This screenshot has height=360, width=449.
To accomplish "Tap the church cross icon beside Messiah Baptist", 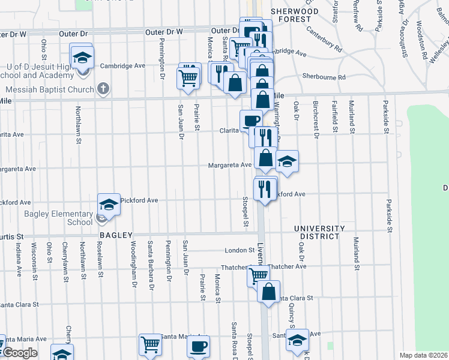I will [103, 89].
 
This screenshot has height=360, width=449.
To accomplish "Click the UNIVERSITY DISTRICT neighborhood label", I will [319, 232].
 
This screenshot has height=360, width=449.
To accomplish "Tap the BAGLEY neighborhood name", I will [116, 235].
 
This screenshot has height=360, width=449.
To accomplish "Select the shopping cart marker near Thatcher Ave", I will [258, 276].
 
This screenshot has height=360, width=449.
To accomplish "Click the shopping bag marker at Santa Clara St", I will [269, 292].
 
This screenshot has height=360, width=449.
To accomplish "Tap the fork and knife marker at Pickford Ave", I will [264, 188].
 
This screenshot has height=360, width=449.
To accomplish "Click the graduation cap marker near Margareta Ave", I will [288, 161].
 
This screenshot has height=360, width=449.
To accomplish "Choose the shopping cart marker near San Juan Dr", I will [188, 77].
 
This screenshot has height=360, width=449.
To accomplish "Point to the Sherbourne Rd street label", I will [324, 77].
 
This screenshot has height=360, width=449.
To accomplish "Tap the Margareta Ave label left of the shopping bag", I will [230, 165].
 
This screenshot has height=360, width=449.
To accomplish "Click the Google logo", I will [20, 353].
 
